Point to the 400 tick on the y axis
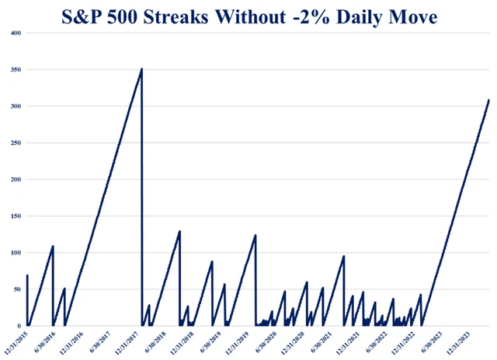coord(14,33)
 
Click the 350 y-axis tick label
coord(14,70)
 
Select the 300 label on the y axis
coord(14,106)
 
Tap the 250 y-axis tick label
coord(14,143)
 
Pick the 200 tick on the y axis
coord(14,179)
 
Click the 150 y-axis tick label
coord(14,216)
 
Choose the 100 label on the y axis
coord(14,253)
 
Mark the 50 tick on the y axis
coord(16,289)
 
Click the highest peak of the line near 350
coord(141,69)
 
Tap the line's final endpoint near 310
coord(488,100)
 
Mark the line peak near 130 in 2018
coord(179,231)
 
